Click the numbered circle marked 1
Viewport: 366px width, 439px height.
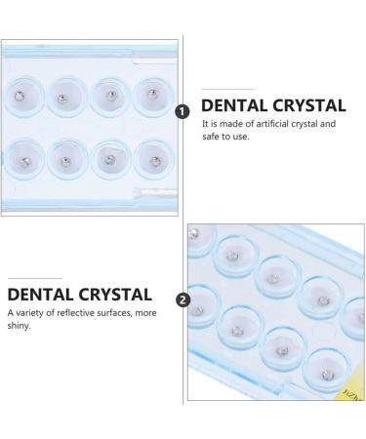coord(183,112)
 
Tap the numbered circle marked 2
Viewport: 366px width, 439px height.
coord(183,299)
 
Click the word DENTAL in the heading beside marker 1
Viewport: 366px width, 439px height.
coord(233,105)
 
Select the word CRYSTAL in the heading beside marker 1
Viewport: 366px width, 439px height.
coord(308,105)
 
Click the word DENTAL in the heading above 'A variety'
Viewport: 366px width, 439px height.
coord(40,295)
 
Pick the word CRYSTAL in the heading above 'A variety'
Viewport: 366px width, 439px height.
coord(115,295)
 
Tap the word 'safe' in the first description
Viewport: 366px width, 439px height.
coord(210,137)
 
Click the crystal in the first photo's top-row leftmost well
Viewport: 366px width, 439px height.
coord(20,96)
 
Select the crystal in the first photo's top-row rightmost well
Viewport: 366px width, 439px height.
coord(152,95)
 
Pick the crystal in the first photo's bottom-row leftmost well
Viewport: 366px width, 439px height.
coord(24,162)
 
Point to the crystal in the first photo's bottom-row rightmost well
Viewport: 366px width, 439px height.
coord(156,161)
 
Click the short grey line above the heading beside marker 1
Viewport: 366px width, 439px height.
coord(227,89)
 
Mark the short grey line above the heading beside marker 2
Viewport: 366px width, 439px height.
coord(35,278)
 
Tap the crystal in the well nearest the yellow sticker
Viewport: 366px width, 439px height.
coord(327,375)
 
